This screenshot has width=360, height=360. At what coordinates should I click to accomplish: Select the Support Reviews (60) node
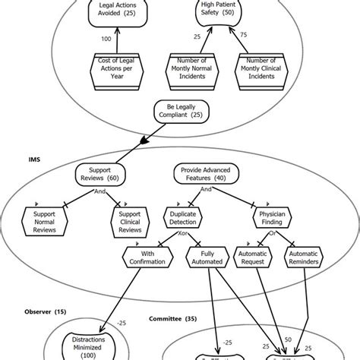tap(99, 176)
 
